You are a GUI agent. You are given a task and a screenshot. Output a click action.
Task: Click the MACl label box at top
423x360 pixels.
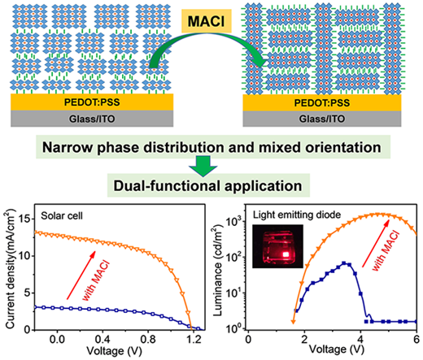tap(207, 21)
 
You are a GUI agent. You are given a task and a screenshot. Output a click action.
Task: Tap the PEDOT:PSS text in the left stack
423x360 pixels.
tap(92, 102)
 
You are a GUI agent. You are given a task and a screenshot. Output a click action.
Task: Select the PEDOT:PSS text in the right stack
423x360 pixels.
tap(322, 103)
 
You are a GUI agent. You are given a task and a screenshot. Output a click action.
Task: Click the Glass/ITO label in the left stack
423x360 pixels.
tap(92, 119)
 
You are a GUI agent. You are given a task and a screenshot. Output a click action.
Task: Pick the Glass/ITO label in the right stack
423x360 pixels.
tap(322, 119)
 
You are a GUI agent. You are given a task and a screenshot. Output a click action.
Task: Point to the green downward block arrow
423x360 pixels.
tap(203, 167)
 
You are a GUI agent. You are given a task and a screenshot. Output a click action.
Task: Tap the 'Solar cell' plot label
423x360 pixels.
tap(62, 216)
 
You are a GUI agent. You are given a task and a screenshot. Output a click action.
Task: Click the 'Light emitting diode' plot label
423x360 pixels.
tap(297, 215)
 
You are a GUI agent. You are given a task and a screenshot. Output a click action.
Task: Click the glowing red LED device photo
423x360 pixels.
tap(277, 246)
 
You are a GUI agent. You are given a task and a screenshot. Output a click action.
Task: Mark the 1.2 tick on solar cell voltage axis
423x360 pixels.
tap(194, 339)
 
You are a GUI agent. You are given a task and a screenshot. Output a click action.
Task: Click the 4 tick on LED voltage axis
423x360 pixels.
tap(360, 339)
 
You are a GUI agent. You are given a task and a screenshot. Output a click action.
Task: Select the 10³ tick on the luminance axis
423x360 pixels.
tap(233, 222)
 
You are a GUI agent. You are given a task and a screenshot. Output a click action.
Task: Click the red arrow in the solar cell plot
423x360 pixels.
tap(81, 275)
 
